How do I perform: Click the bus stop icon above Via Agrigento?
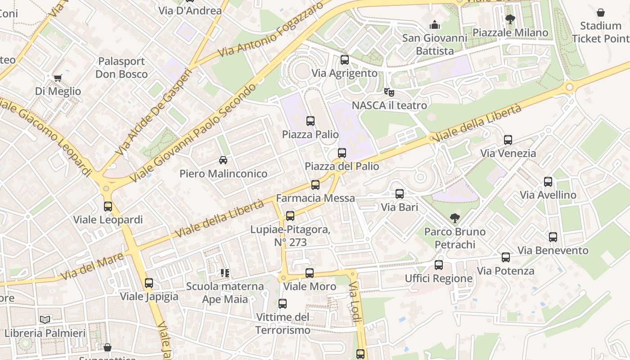(x=345, y=59)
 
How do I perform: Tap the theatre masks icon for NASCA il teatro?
(x=389, y=92)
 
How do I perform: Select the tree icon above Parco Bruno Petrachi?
(x=455, y=219)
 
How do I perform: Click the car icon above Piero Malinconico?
(x=223, y=160)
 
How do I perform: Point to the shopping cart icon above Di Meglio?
(x=58, y=78)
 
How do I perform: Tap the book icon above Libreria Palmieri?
(x=45, y=320)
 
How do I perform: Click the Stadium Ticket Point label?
(x=601, y=32)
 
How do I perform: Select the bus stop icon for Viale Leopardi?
(x=108, y=207)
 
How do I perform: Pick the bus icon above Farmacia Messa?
(x=315, y=185)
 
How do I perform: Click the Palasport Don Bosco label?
(x=121, y=67)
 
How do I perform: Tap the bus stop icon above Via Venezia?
(x=508, y=140)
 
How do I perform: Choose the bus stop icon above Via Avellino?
(x=548, y=182)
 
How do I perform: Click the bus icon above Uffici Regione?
(x=439, y=265)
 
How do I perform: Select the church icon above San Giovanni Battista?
(x=435, y=25)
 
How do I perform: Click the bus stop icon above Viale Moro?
(x=310, y=273)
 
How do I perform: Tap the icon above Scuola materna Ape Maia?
(x=225, y=273)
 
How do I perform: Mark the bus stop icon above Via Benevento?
(x=553, y=237)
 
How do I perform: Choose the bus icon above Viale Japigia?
(x=149, y=283)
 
